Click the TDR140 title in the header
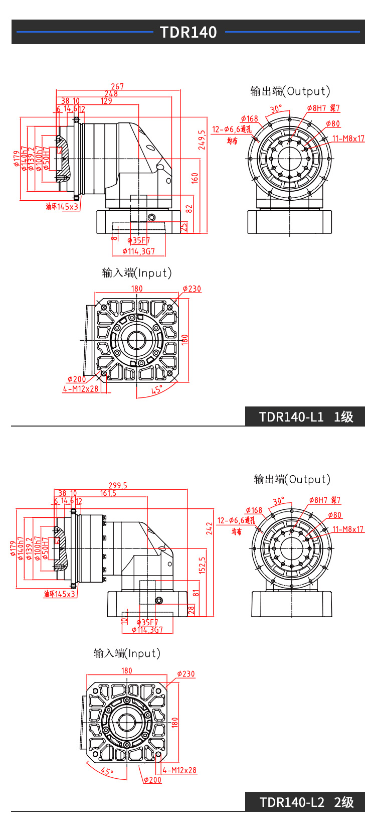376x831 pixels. coord(188,32)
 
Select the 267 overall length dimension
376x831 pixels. coord(117,86)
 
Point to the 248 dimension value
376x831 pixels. coord(111,94)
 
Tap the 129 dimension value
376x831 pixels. coord(106,101)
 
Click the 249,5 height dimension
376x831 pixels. coord(202,140)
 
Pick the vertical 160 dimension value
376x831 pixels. coord(195,178)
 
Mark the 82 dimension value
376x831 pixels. coord(189,209)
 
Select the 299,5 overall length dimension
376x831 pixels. coord(118,485)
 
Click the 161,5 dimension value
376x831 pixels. coord(108,493)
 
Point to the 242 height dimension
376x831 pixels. coord(209,528)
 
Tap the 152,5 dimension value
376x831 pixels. coord(202,565)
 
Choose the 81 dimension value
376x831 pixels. coord(196,593)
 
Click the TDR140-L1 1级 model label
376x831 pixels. coord(306,417)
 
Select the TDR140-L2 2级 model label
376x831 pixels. coord(306,802)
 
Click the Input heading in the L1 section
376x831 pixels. coord(137,273)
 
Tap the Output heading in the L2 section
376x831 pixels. coord(292,479)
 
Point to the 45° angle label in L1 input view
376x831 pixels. coord(157,390)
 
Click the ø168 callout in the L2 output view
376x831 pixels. coord(254,510)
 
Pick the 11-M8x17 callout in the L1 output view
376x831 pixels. coord(348,138)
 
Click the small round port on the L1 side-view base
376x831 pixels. coord(152,217)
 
